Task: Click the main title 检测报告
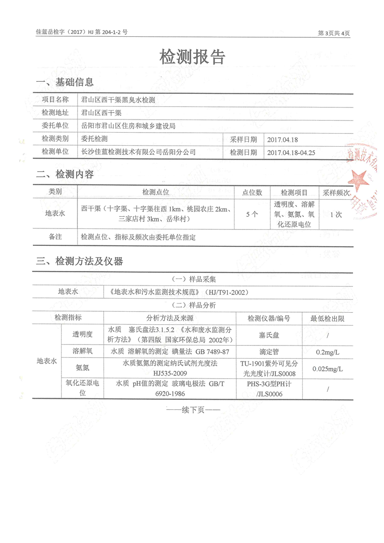pyautogui.click(x=192, y=58)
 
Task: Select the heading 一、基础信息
pyautogui.click(x=65, y=82)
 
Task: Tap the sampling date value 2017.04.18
pyautogui.click(x=284, y=139)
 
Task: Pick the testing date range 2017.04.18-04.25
pyautogui.click(x=291, y=152)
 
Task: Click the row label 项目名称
pyautogui.click(x=55, y=100)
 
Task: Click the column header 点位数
pyautogui.click(x=252, y=192)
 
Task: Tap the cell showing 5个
pyautogui.click(x=252, y=214)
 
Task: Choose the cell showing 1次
pyautogui.click(x=336, y=214)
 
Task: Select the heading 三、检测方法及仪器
pyautogui.click(x=79, y=262)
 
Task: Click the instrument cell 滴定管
pyautogui.click(x=268, y=352)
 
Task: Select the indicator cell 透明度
pyautogui.click(x=82, y=334)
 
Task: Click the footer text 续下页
pyautogui.click(x=193, y=410)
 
